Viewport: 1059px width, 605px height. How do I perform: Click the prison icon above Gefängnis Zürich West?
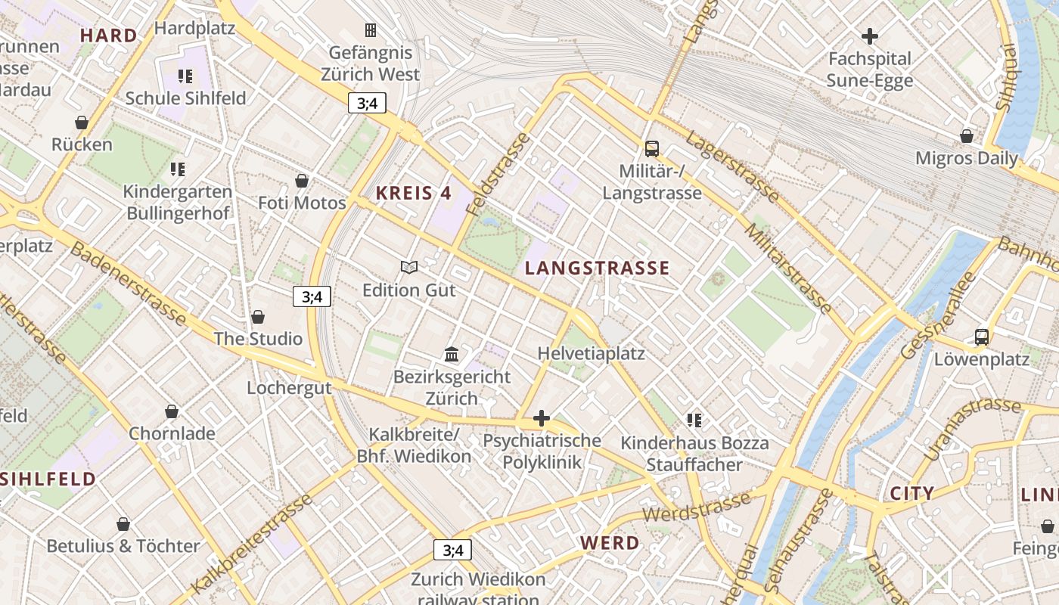coord(371,30)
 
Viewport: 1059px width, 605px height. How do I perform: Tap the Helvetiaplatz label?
coord(591,353)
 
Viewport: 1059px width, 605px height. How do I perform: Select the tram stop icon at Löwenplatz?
coord(981,337)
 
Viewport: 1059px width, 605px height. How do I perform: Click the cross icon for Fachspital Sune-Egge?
coord(870,36)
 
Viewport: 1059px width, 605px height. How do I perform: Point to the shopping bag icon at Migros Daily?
coord(966,136)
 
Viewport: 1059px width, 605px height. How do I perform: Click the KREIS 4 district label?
coord(414,193)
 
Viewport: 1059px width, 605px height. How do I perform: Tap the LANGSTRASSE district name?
coord(598,268)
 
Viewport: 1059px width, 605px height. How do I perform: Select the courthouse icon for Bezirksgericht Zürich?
coord(452,354)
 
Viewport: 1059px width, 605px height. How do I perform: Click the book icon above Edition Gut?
coord(409,267)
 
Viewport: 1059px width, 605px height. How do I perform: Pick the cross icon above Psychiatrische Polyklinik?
coord(542,417)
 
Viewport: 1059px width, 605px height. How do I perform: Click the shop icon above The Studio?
coord(258,316)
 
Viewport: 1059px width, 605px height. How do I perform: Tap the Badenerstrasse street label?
coord(128,283)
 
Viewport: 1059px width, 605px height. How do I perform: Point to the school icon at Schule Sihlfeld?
coord(185,76)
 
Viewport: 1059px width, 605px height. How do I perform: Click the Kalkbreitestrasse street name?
coord(252,544)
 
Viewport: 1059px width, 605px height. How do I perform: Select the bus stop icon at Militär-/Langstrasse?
coord(651,149)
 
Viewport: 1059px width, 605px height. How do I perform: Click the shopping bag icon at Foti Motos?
coord(302,181)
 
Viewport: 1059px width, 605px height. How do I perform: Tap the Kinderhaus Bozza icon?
coord(694,420)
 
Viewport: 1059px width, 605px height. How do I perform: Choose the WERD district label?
coord(610,542)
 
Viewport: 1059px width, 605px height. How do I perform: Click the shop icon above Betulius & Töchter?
coord(123,523)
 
